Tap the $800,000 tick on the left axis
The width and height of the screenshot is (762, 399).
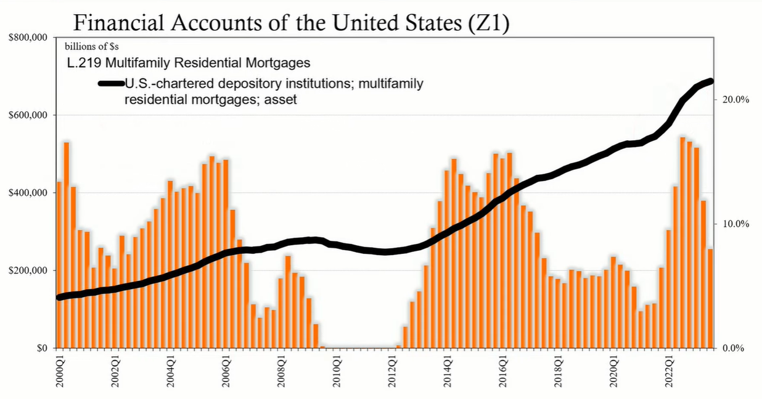[x=28, y=38]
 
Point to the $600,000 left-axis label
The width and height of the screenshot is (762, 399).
[x=28, y=115]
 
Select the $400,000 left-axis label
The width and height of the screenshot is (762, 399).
[x=28, y=193]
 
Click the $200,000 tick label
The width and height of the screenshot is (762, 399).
[x=28, y=271]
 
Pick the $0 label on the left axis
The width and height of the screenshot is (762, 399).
[x=42, y=348]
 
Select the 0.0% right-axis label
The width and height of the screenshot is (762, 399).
[x=733, y=348]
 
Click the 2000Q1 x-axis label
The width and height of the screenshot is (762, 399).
[x=60, y=372]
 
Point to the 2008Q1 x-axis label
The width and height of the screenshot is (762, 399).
[x=282, y=372]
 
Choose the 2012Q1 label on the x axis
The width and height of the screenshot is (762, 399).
[x=393, y=372]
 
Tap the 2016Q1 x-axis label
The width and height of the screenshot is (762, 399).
[x=503, y=372]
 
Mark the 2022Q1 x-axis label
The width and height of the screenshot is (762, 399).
[x=669, y=372]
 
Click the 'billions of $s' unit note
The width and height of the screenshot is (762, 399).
[x=91, y=46]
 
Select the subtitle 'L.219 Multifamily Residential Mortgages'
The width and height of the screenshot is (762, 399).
[x=189, y=63]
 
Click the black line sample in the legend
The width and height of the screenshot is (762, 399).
[x=111, y=83]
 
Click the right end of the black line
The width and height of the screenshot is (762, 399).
[x=710, y=81]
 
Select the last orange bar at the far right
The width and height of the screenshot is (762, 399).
[x=710, y=298]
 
